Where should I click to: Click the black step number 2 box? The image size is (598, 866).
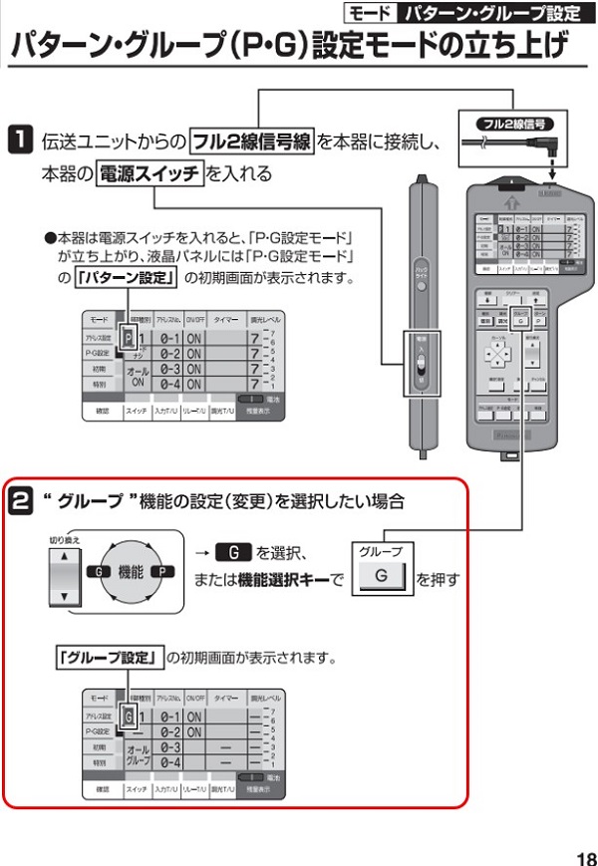21,495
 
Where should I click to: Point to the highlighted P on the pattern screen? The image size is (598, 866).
127,338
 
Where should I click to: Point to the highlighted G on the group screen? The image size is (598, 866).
127,716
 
